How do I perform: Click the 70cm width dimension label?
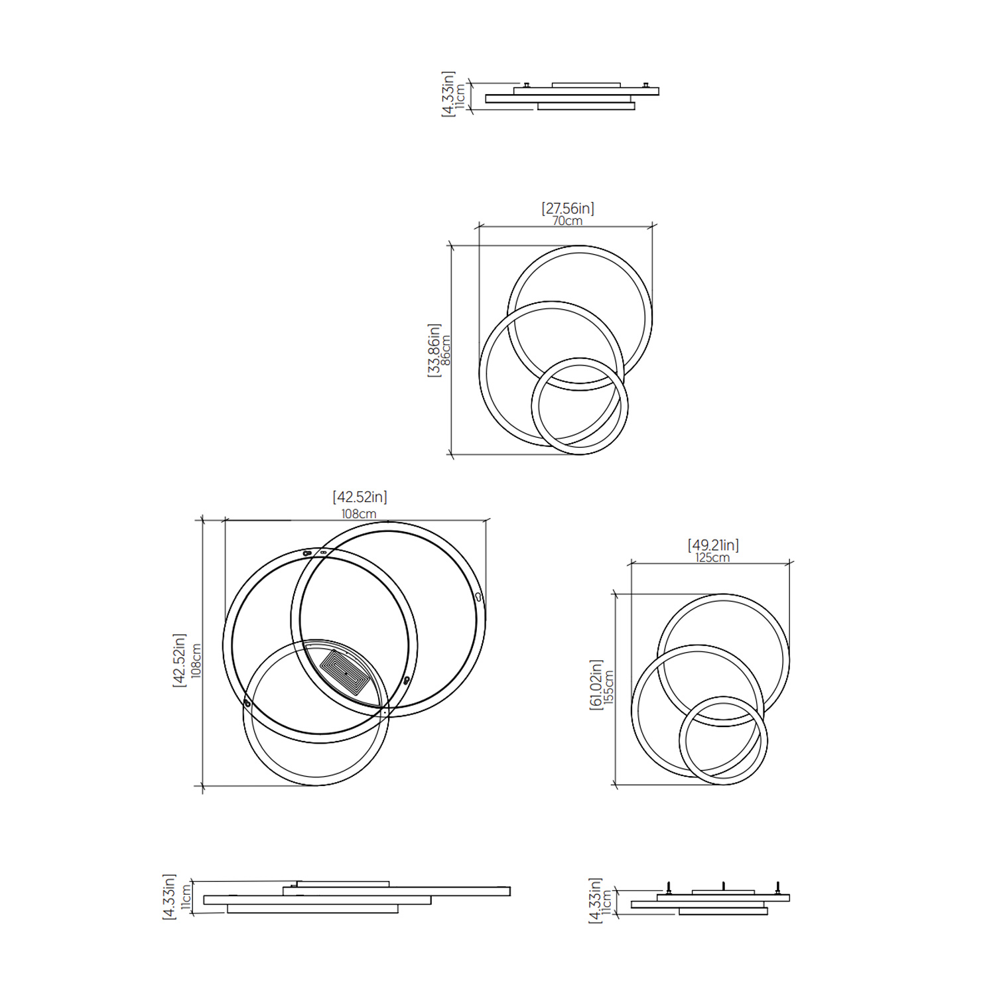567,221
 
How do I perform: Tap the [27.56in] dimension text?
568,208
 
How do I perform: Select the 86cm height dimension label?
446,350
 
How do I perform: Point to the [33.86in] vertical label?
434,350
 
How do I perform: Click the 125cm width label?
712,558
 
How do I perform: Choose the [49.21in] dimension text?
713,545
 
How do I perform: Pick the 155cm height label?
608,686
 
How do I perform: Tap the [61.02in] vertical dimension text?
596,685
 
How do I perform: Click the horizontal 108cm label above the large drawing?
359,514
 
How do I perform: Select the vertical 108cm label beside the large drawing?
196,661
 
